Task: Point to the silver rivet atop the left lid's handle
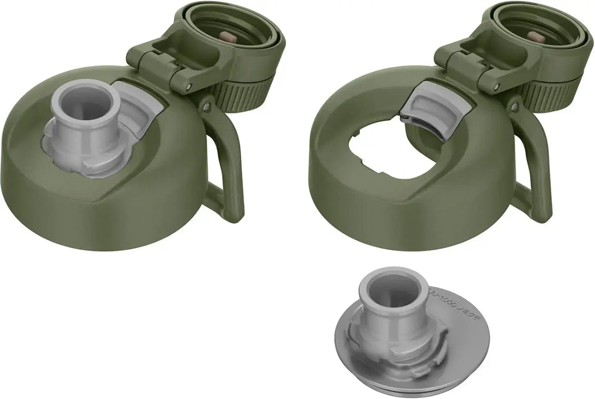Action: tap(206, 107)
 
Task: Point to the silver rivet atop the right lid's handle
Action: tap(514, 107)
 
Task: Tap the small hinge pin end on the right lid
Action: tap(496, 87)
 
